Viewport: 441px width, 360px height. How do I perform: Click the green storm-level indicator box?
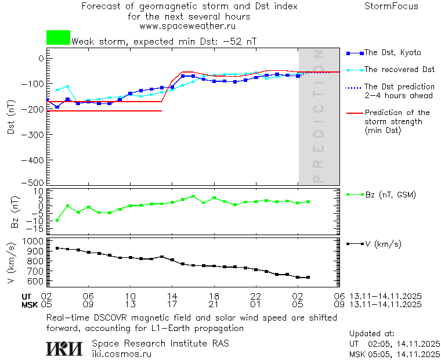(58, 38)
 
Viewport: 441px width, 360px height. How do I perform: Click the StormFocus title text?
(391, 6)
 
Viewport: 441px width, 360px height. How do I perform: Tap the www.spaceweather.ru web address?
(187, 26)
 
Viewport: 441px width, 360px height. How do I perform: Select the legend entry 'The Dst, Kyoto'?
(392, 53)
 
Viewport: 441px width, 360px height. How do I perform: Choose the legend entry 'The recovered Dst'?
(399, 70)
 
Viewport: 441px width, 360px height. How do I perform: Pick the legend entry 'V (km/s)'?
(382, 244)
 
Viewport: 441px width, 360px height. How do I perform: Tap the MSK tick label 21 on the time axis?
(214, 304)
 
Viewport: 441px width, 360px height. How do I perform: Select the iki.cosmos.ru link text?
(121, 354)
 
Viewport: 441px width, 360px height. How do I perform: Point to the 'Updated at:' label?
(372, 334)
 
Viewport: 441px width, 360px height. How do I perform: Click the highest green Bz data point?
(193, 196)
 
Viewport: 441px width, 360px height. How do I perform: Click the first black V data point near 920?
(57, 248)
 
